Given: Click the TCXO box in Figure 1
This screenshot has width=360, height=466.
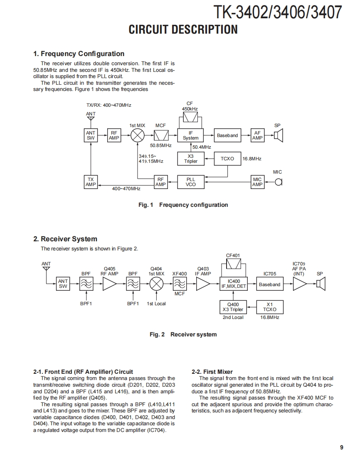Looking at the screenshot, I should [227, 159].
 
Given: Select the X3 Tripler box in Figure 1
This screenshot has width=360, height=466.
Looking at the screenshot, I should [191, 159].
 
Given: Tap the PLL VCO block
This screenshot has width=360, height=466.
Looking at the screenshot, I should [191, 182].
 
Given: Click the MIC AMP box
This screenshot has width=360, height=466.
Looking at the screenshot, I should [257, 182].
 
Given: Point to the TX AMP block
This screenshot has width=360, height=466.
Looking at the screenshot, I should [91, 182].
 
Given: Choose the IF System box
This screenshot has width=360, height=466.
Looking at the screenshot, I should [191, 135].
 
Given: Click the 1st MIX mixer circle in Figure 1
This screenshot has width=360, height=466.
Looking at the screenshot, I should [138, 135].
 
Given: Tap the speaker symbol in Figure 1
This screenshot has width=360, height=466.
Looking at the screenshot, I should [278, 135].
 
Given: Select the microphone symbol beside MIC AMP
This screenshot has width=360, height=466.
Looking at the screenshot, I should [279, 182].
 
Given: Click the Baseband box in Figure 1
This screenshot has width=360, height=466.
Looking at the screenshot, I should [227, 135].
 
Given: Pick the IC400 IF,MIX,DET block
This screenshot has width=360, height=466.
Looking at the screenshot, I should [234, 284].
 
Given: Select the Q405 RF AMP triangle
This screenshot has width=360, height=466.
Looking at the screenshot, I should [110, 284].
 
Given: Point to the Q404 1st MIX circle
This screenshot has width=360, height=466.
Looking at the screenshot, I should [156, 284].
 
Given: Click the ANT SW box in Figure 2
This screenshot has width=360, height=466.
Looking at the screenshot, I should [63, 284].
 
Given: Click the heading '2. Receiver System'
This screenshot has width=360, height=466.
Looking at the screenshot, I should [65, 239].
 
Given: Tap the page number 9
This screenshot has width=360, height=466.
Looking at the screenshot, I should [341, 447].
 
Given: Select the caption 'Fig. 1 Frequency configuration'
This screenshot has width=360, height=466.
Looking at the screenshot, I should [183, 205].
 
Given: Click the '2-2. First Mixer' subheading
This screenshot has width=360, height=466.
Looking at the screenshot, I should [212, 372].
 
